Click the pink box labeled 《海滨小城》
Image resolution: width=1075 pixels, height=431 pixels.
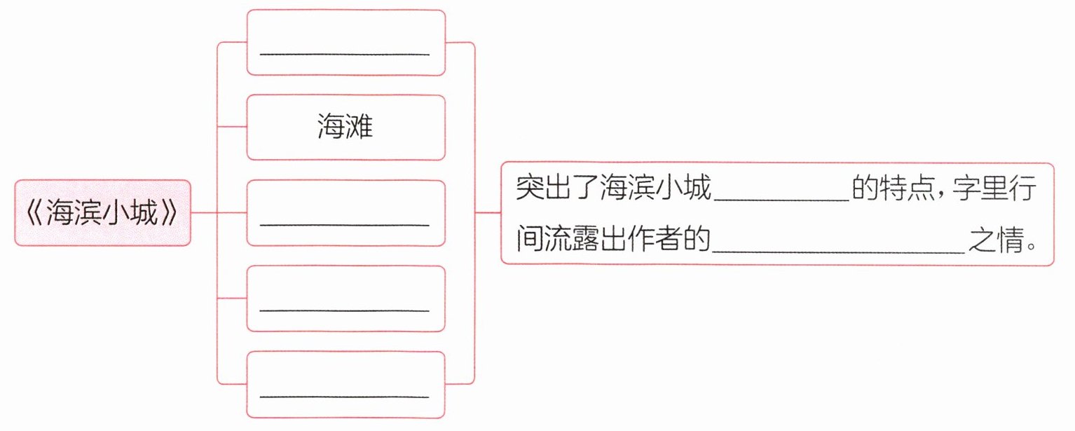(102, 213)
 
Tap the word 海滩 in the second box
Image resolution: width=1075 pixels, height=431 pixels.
(345, 128)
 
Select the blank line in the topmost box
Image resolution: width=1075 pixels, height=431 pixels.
(345, 53)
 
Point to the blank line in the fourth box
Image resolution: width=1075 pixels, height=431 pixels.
(345, 310)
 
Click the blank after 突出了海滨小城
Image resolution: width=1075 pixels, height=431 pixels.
(781, 200)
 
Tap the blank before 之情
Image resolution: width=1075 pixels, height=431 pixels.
(838, 249)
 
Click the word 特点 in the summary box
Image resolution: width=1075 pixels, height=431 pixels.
(908, 189)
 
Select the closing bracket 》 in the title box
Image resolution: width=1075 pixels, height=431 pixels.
(170, 214)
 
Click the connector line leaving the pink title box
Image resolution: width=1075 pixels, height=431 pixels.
(203, 212)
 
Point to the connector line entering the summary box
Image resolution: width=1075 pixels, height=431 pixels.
(488, 212)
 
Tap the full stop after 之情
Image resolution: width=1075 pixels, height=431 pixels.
(1029, 247)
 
